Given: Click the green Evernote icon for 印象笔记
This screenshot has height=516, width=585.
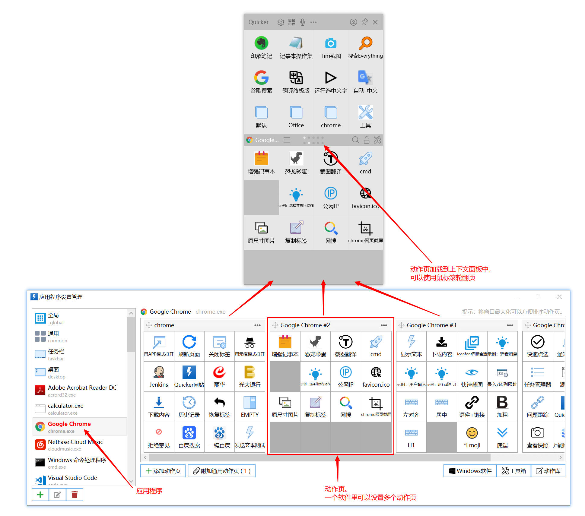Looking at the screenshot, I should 261,43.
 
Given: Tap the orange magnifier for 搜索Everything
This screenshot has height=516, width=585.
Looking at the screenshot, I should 365,43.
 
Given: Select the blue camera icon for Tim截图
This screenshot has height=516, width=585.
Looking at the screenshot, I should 331,43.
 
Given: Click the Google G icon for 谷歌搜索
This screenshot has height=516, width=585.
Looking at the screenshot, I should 261,78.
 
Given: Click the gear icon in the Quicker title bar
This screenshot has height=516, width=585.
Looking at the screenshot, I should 281,22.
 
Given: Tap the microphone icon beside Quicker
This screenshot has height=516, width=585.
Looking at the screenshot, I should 303,22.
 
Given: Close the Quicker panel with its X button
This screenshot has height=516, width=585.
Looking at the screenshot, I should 375,22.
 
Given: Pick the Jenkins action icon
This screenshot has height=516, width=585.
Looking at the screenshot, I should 159,372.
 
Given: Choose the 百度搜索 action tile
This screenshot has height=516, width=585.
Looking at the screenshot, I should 189,433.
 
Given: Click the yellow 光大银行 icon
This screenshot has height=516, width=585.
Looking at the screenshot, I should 250,372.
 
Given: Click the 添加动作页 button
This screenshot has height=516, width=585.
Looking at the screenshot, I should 163,471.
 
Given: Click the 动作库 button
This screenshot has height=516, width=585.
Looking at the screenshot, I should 548,471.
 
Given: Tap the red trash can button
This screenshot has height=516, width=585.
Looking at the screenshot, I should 75,495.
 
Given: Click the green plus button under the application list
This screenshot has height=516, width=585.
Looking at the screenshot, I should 40,495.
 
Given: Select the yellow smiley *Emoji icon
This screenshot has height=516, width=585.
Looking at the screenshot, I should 472,433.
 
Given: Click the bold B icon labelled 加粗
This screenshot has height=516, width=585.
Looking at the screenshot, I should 502,403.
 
